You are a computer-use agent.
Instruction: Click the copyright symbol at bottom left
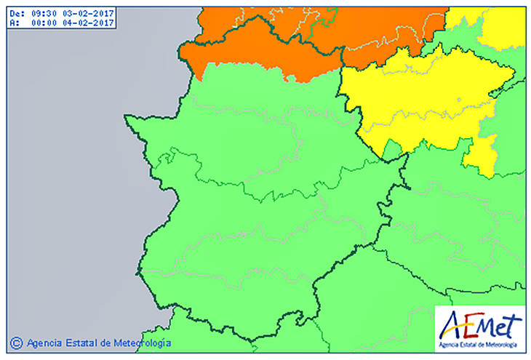(x=16, y=342)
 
